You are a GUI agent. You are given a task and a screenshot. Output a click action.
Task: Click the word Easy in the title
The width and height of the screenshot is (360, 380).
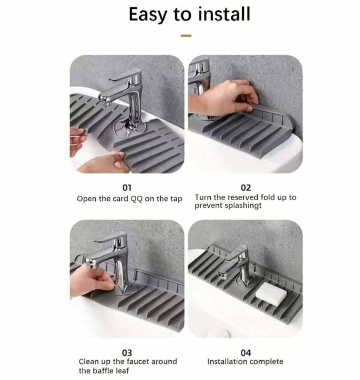pyautogui.click(x=148, y=14)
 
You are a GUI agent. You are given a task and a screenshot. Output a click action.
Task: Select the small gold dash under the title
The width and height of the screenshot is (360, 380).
pyautogui.click(x=186, y=36)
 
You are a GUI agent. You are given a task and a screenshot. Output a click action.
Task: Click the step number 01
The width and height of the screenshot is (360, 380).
pyautogui.click(x=126, y=188)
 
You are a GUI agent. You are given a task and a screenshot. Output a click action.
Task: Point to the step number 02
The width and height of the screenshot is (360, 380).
pyautogui.click(x=246, y=188)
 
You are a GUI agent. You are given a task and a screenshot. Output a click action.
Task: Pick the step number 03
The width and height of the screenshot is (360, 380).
pyautogui.click(x=127, y=352)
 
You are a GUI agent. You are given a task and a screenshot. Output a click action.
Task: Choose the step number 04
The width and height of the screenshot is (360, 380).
pyautogui.click(x=246, y=352)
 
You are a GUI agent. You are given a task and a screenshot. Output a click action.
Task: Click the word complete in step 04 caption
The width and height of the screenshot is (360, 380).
pyautogui.click(x=266, y=362)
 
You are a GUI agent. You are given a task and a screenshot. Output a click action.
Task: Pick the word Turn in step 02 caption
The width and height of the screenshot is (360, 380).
pyautogui.click(x=203, y=197)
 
